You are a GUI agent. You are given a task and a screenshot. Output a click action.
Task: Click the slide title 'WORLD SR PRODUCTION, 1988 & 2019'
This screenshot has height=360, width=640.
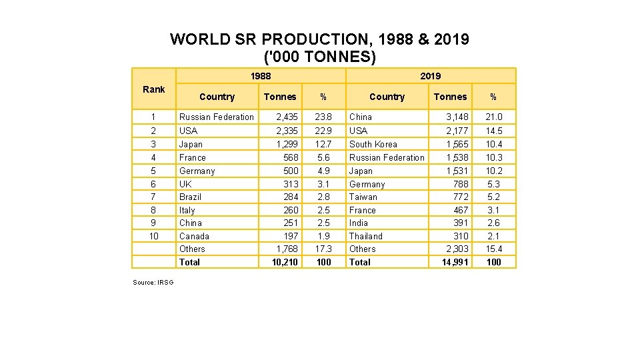tap(319, 39)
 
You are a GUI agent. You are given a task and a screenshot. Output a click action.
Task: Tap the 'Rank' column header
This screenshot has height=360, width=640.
tap(153, 89)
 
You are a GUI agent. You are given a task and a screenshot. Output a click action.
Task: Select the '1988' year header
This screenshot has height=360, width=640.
tap(260, 76)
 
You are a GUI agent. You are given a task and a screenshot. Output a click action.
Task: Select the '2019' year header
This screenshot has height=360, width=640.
tap(430, 76)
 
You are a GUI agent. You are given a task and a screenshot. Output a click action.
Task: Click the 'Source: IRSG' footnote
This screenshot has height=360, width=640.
tap(153, 283)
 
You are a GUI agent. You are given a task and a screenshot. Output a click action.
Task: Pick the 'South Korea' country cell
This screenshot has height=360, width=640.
tap(373, 144)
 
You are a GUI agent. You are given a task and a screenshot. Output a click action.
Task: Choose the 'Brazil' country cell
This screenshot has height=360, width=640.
tap(190, 197)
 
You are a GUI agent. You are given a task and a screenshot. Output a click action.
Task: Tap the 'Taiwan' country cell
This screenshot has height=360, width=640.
tap(363, 197)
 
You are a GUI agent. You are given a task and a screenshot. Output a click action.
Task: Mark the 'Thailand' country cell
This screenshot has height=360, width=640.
tap(366, 236)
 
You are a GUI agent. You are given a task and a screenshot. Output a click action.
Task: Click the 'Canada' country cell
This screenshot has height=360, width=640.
tap(194, 236)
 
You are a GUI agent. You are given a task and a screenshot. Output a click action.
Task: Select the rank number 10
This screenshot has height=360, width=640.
tap(153, 236)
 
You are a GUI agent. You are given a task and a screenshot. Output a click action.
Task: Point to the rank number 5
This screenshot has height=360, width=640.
tap(153, 171)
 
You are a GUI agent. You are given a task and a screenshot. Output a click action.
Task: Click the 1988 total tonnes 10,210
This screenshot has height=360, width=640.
tap(285, 262)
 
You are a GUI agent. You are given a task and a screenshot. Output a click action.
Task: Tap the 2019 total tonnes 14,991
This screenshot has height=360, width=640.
tap(455, 262)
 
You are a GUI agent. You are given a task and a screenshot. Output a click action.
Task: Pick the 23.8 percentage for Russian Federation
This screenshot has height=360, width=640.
tap(323, 117)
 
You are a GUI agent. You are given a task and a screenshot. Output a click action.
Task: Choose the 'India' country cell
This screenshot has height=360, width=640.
tap(359, 223)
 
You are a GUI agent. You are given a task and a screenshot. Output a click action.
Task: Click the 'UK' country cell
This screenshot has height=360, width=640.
tap(185, 184)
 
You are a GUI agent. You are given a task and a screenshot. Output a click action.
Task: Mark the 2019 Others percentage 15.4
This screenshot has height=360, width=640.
tap(493, 249)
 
